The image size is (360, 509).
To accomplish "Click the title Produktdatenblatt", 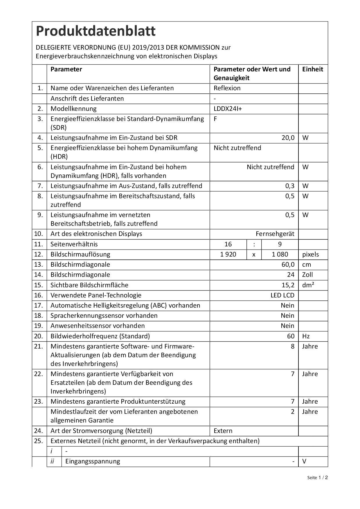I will click(96, 31).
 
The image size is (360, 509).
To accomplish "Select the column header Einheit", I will click(313, 69).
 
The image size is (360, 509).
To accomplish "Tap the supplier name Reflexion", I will click(227, 88).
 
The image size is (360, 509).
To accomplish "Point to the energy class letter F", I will click(215, 119).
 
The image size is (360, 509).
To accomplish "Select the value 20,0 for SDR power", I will click(288, 138).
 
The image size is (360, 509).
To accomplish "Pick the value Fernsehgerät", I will click(275, 234).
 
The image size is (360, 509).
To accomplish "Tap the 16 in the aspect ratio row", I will click(228, 244).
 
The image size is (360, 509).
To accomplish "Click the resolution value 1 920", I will click(228, 255).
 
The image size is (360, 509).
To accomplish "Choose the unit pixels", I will click(310, 255).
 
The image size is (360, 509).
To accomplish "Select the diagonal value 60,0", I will click(288, 265).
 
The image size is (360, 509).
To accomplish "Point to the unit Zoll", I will click(308, 275).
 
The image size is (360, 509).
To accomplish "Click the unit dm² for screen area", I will click(308, 285).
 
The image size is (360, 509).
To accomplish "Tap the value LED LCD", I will click(282, 295).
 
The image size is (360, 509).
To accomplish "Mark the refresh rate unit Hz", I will click(306, 336).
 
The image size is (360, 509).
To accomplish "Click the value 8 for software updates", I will click(292, 346).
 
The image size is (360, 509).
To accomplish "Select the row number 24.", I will click(39, 431).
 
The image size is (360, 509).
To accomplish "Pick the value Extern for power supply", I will click(223, 431).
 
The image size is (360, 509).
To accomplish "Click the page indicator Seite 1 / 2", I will click(317, 478).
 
